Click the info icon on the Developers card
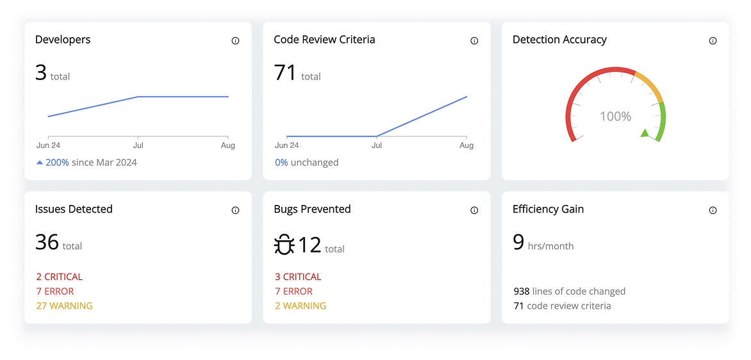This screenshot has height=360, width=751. (235, 40)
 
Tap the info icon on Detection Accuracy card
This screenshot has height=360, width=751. (713, 40)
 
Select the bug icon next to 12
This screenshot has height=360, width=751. (284, 245)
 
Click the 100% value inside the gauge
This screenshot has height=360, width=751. (615, 117)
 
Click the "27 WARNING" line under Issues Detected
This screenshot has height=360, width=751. (64, 306)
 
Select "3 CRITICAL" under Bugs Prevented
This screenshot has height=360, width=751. (298, 277)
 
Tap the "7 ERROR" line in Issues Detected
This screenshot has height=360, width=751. (54, 291)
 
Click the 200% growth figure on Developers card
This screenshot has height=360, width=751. (57, 162)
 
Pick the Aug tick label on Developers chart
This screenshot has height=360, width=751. (228, 145)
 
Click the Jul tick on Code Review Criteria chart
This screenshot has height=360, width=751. (377, 145)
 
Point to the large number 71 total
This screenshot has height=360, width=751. (285, 72)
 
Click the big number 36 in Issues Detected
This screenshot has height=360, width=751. (47, 242)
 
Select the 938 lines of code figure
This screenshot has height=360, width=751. (522, 291)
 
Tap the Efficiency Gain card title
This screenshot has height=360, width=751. (548, 209)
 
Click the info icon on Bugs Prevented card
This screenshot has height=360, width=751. (474, 210)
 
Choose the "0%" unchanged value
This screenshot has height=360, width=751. (281, 162)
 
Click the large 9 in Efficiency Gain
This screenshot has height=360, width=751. (518, 242)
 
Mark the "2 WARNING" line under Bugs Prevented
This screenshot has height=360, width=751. (300, 306)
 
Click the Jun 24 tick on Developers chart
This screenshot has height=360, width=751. (48, 145)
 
